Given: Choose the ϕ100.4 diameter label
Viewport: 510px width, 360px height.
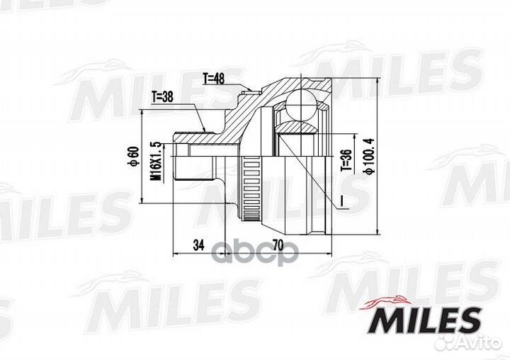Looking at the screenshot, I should pos(368,156).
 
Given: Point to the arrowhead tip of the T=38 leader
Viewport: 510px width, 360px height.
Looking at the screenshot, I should pos(206,131).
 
